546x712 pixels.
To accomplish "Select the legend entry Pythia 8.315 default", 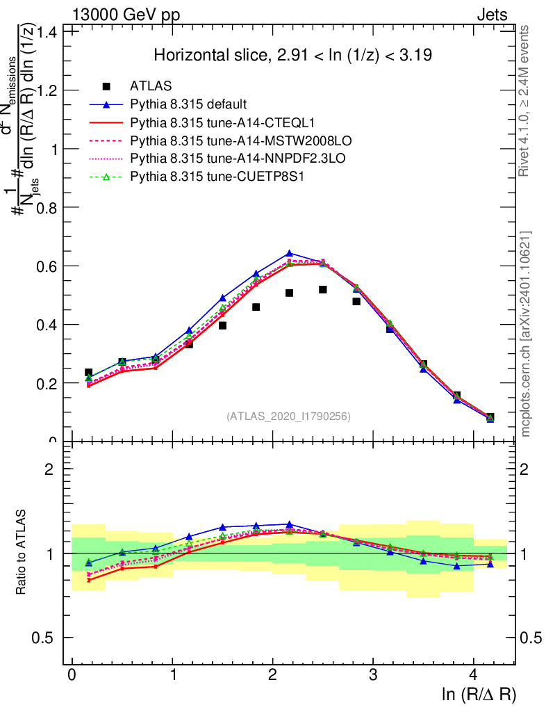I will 188,105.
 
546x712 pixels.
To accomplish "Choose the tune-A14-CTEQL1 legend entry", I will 208,123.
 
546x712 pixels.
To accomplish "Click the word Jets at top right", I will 492,15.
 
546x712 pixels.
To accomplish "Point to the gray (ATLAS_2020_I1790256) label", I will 288,416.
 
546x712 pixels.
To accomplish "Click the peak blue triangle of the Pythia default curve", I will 290,254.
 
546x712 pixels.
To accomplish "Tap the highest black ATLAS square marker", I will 323,289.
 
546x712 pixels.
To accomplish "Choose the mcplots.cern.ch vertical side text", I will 527,334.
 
